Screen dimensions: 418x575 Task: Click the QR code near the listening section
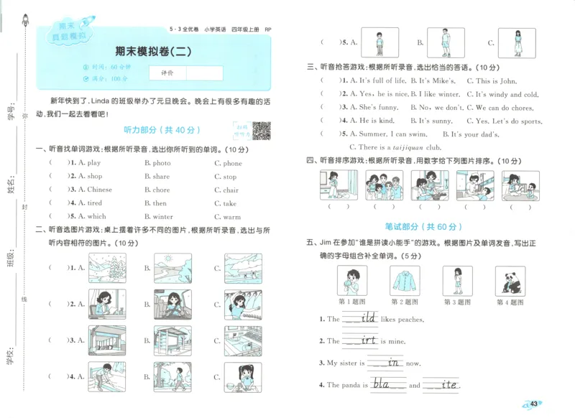pos(262,131)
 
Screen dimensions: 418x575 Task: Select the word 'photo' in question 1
pos(161,163)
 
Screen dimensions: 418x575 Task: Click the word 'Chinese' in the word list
pos(99,190)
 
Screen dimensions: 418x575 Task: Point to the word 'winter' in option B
pos(162,216)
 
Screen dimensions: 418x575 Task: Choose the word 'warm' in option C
pos(231,216)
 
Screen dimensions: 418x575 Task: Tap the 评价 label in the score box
pos(167,73)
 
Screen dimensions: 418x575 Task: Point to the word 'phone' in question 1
pos(232,163)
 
